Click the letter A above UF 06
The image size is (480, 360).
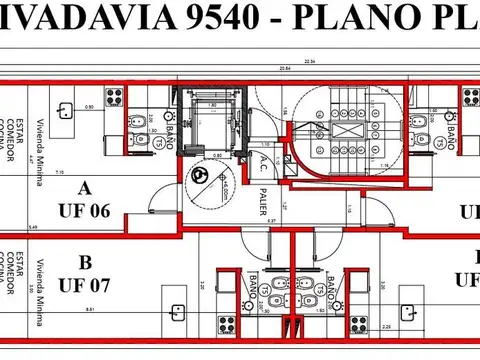point(84,187)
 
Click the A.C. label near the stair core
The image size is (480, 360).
point(263,164)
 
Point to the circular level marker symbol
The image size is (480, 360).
point(201,176)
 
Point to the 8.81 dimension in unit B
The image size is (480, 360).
point(91,310)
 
